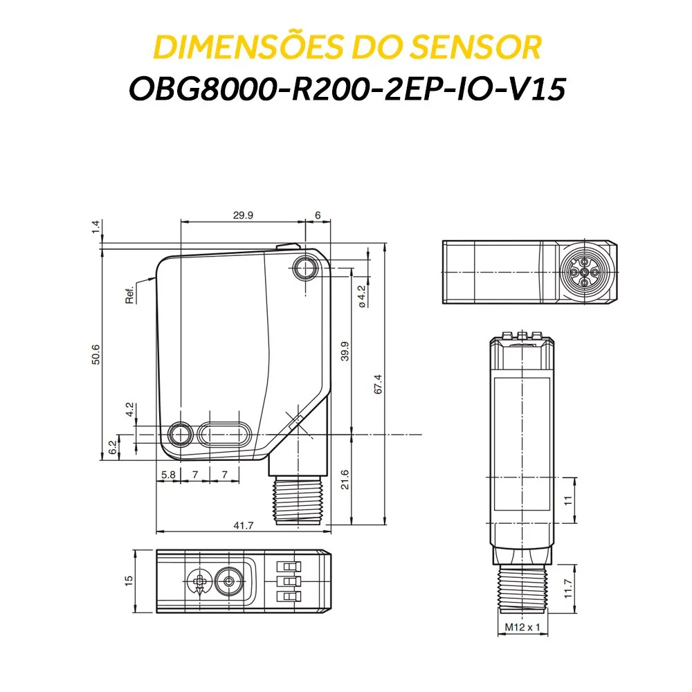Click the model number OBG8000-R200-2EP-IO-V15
pyautogui.click(x=346, y=90)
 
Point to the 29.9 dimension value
pyautogui.click(x=243, y=215)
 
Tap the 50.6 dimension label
pyautogui.click(x=96, y=354)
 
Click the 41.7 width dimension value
pyautogui.click(x=244, y=526)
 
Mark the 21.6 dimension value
pyautogui.click(x=345, y=479)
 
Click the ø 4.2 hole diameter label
pyautogui.click(x=361, y=295)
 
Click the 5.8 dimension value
pyautogui.click(x=168, y=475)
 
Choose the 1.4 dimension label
pyautogui.click(x=96, y=226)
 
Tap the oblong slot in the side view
pyautogui.click(x=224, y=435)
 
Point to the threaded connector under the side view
pyautogui.click(x=297, y=498)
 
